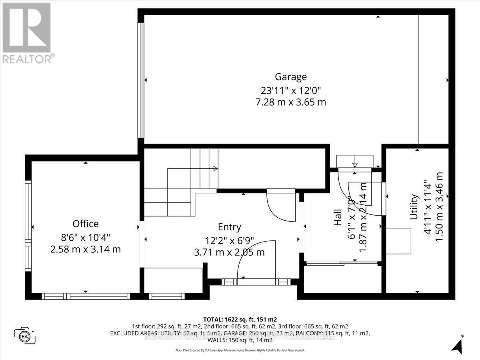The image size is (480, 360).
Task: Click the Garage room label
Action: click(290, 76)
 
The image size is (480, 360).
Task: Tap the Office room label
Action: click(85, 224)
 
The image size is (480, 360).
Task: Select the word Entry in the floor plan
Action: click(229, 227)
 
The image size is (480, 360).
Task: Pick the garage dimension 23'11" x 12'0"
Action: click(290, 90)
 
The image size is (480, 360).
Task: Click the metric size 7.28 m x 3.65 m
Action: click(290, 102)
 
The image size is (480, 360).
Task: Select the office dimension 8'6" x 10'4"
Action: click(85, 237)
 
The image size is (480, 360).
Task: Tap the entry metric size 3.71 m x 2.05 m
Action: click(229, 252)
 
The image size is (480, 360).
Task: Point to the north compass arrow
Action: click(458, 344)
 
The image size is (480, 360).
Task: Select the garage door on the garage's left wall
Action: click(140, 80)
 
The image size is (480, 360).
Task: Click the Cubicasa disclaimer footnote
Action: click(240, 350)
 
